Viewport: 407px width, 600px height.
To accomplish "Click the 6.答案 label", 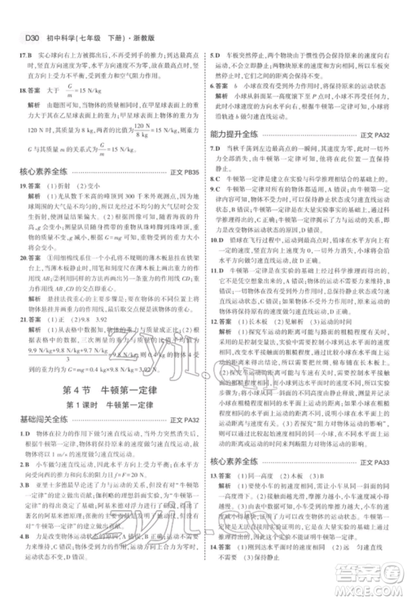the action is coord(223,86).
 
